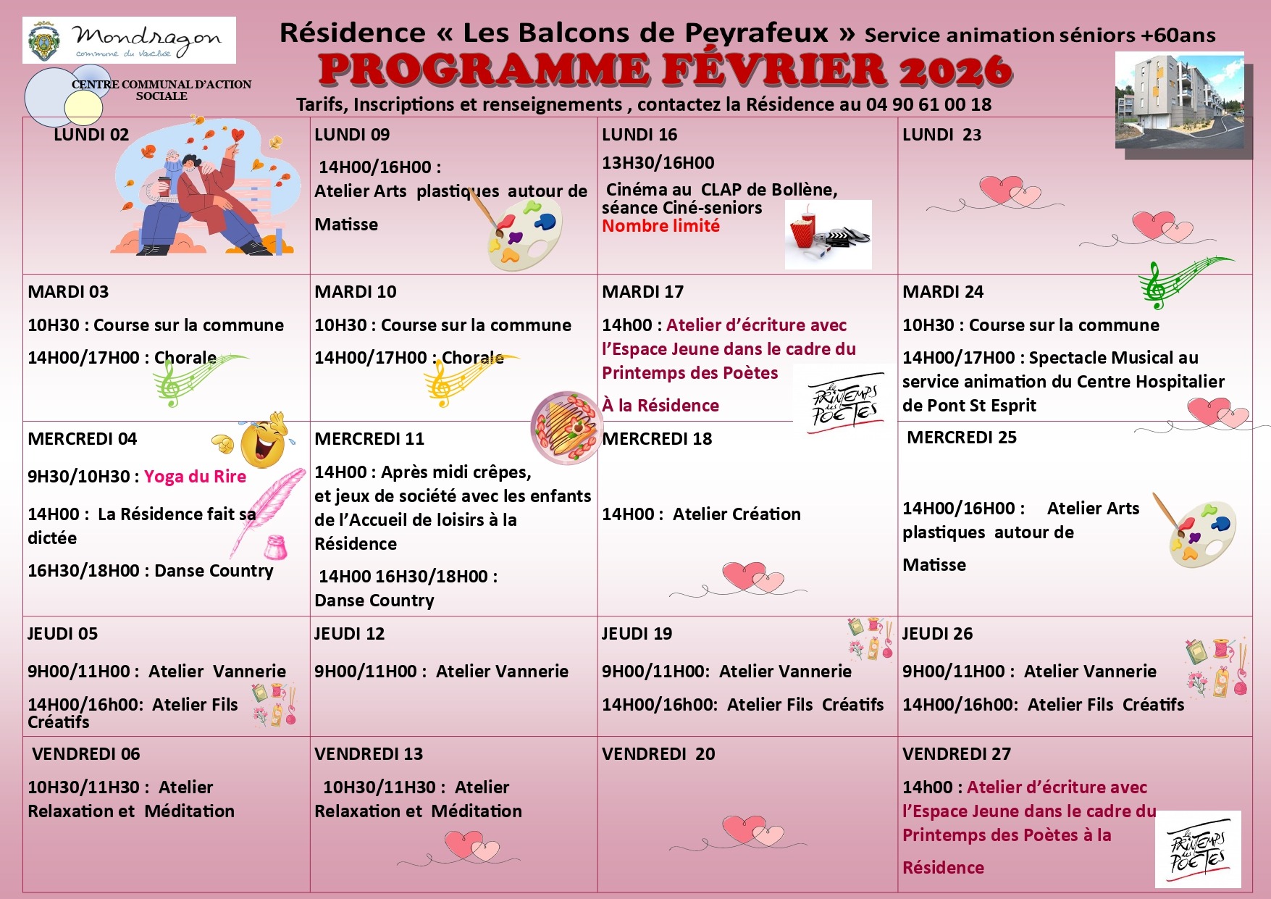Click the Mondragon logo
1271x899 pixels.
(129, 41)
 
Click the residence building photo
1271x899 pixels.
(1179, 102)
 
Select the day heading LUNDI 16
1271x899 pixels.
(639, 135)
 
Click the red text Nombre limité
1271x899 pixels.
(660, 226)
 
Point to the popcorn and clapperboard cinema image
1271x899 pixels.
(828, 234)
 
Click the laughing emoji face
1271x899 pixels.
(263, 440)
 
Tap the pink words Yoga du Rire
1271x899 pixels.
(195, 477)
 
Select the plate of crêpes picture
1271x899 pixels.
(565, 427)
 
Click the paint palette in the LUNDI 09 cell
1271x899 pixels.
(523, 231)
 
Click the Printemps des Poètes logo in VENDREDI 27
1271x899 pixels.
(1197, 848)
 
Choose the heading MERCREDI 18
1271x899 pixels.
(657, 439)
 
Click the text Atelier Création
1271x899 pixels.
(737, 514)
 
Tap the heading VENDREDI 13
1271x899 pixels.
(369, 754)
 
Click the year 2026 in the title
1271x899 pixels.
(955, 70)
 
